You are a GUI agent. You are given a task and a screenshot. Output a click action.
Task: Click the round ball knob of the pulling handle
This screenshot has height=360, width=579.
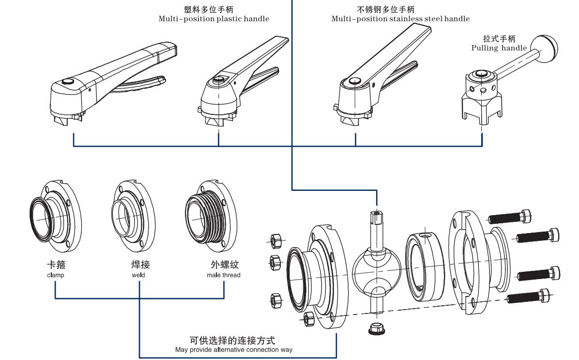click(545, 47)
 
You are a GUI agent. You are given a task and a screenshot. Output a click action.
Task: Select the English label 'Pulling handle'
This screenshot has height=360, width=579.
click(499, 48)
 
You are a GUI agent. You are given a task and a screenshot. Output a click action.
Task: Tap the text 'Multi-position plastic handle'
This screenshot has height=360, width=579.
click(213, 19)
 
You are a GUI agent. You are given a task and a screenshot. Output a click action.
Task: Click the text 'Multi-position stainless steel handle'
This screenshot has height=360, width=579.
click(400, 19)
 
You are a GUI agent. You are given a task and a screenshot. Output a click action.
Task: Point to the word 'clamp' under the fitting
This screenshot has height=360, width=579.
click(56, 275)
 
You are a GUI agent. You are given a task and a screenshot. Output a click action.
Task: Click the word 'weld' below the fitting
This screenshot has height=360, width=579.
click(138, 275)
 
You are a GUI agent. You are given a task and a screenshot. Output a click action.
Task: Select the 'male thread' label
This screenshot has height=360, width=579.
click(223, 275)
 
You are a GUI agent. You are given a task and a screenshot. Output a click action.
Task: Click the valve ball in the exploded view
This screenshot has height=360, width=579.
click(376, 271)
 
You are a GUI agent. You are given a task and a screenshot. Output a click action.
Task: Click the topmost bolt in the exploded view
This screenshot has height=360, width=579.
click(510, 217)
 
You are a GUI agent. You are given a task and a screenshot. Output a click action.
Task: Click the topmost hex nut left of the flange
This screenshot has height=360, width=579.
click(275, 239)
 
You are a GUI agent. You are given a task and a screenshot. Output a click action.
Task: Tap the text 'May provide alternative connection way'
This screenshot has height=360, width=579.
click(233, 350)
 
